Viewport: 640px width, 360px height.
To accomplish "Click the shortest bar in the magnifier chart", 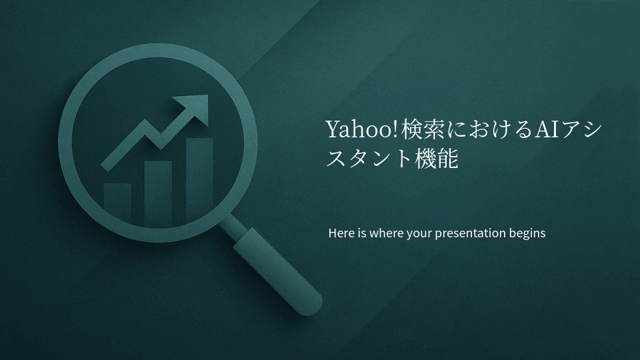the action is coord(117,201).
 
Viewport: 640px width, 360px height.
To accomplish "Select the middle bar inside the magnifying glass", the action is coord(158,193).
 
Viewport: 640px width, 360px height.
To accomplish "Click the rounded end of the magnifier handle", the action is coord(311,305).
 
